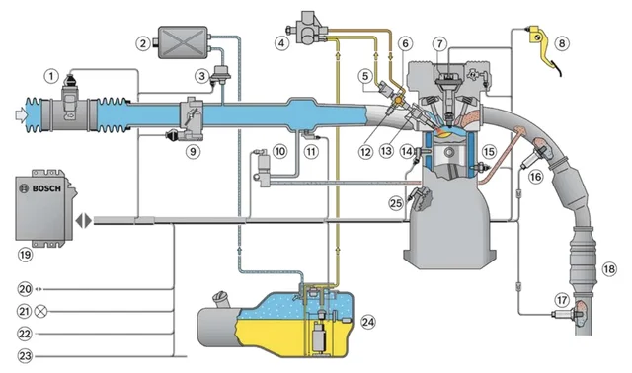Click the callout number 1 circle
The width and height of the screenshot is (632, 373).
(x=50, y=74)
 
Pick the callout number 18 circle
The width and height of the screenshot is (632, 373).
(x=608, y=268)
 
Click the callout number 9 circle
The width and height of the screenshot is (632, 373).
(x=193, y=151)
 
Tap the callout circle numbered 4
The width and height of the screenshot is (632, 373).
(x=282, y=42)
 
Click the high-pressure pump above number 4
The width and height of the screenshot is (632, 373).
(x=309, y=22)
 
